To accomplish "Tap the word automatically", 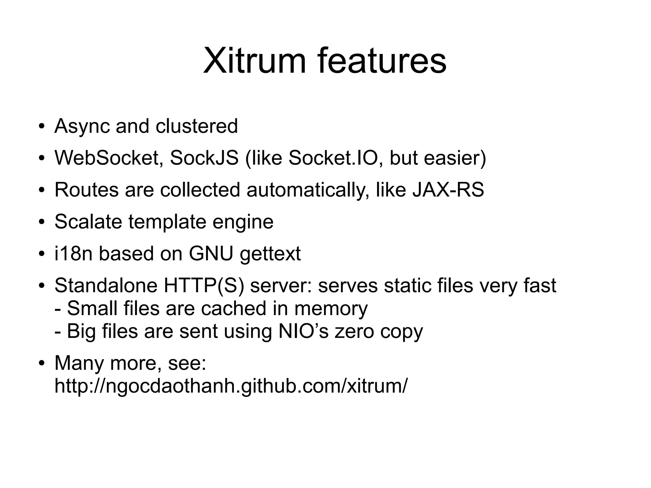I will [x=308, y=190].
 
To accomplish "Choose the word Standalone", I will [x=106, y=285].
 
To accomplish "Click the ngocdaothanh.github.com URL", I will [x=230, y=386].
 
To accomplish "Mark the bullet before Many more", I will [x=41, y=363].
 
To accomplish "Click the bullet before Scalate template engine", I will [x=41, y=222].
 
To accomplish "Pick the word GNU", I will [x=211, y=253].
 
